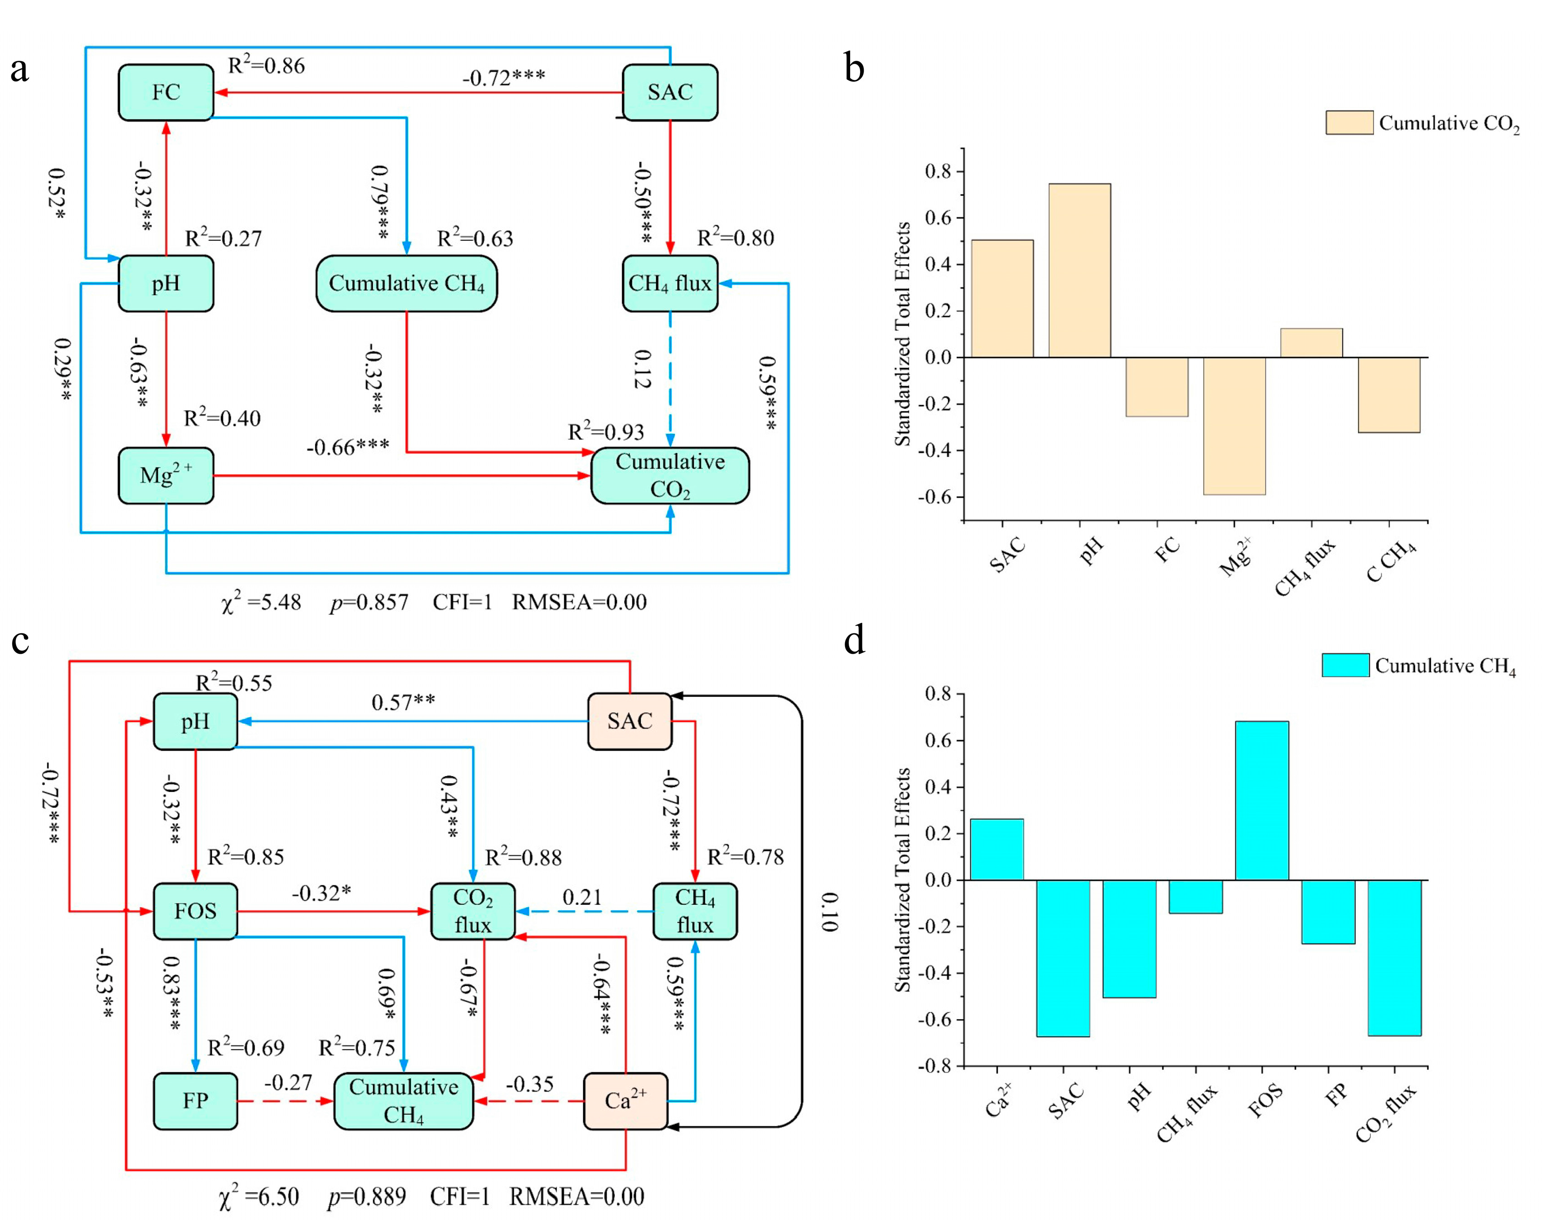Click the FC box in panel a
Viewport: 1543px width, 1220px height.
pyautogui.click(x=166, y=92)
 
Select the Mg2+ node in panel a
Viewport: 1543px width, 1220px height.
pyautogui.click(x=166, y=476)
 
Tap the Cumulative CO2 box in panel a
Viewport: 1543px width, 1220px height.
pyautogui.click(x=670, y=476)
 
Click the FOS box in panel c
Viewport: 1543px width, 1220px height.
pyautogui.click(x=195, y=911)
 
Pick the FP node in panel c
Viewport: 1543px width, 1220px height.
pyautogui.click(x=195, y=1101)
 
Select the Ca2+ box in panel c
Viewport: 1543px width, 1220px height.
pyautogui.click(x=625, y=1101)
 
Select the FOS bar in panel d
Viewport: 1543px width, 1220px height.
pyautogui.click(x=1262, y=800)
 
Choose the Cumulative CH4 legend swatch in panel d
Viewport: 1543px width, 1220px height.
pyautogui.click(x=1345, y=665)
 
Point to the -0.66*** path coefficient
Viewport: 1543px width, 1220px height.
pyautogui.click(x=348, y=447)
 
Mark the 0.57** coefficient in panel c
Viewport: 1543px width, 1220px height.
pyautogui.click(x=403, y=702)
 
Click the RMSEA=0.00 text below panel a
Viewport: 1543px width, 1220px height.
pyautogui.click(x=579, y=602)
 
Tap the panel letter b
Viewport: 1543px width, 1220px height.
pyautogui.click(x=854, y=69)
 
